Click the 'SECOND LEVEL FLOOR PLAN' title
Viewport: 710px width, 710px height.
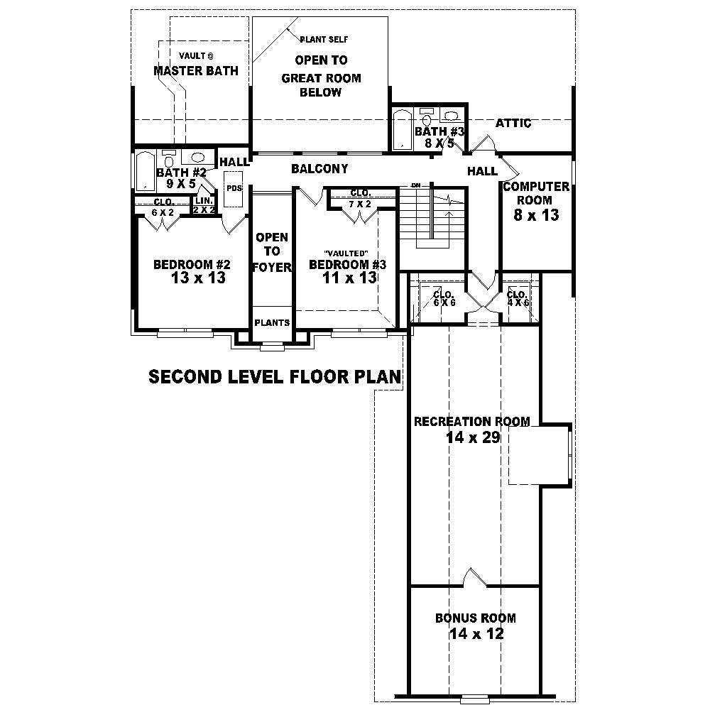pos(275,376)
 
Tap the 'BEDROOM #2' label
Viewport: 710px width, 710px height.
pos(192,265)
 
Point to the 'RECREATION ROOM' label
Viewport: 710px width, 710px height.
pos(471,422)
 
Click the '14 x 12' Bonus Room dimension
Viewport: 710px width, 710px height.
pos(476,633)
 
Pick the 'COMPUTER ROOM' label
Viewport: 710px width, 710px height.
pos(536,193)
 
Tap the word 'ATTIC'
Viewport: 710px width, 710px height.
pos(513,123)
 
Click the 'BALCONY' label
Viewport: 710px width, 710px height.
pos(319,169)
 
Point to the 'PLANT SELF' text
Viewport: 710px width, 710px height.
pos(324,39)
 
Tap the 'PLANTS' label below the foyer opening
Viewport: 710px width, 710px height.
pos(272,322)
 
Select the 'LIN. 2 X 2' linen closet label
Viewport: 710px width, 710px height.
pos(204,205)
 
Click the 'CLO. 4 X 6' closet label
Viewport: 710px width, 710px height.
pos(517,298)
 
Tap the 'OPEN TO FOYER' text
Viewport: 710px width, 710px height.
pos(273,252)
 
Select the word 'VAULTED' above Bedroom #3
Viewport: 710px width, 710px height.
pos(346,253)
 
